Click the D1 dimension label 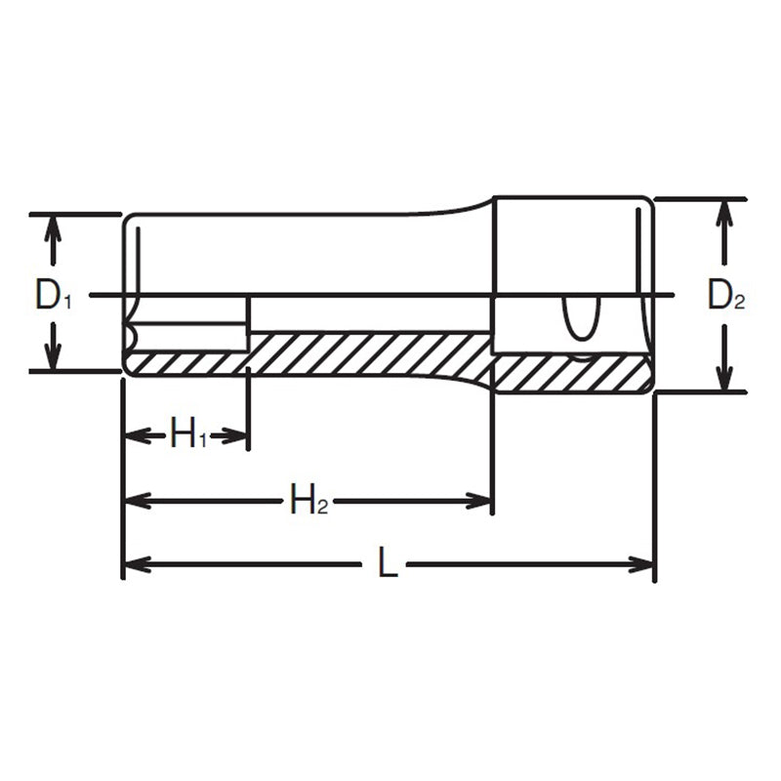coord(54,294)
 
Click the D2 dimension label coord(725,296)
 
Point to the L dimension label coord(388,564)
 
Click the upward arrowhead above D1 coord(54,227)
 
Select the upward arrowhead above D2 coord(723,212)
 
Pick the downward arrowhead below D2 coord(723,379)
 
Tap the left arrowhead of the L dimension coord(135,564)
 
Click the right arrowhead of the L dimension coord(641,564)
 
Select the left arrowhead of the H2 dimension coord(135,501)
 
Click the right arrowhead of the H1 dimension coord(236,435)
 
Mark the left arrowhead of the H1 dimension coord(135,435)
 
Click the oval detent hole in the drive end coord(580,318)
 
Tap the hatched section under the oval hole coord(571,373)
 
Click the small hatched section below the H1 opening coord(185,363)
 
